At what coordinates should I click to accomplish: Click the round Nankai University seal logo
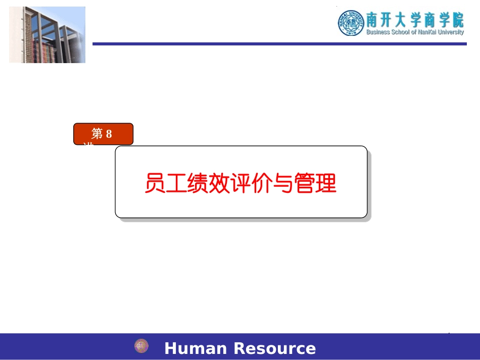pyautogui.click(x=351, y=23)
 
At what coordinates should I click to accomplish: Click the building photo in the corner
pyautogui.click(x=47, y=35)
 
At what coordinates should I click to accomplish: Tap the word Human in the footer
pyautogui.click(x=196, y=349)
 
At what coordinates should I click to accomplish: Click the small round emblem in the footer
pyautogui.click(x=141, y=346)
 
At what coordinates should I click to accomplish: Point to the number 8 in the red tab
pyautogui.click(x=109, y=134)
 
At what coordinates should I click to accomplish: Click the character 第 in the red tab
pyautogui.click(x=97, y=134)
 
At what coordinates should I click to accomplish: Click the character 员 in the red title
pyautogui.click(x=154, y=183)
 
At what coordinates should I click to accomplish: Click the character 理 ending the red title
pyautogui.click(x=326, y=183)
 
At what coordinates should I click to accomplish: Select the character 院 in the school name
pyautogui.click(x=457, y=20)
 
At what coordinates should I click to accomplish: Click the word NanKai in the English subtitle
pyautogui.click(x=426, y=32)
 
